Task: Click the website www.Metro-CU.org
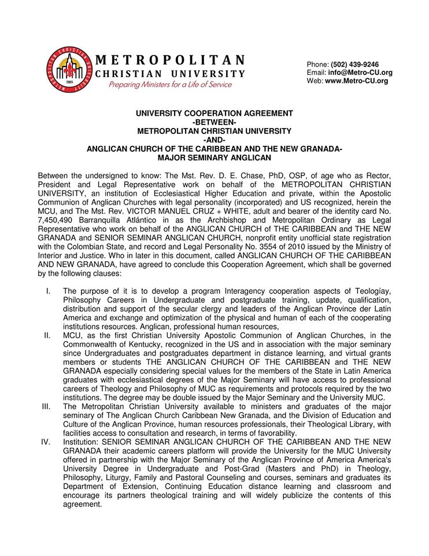(356, 81)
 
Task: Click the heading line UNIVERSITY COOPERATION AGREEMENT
(214, 114)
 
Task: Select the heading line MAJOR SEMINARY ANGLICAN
(214, 157)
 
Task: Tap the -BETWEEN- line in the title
(214, 122)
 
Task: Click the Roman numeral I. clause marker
(49, 290)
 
